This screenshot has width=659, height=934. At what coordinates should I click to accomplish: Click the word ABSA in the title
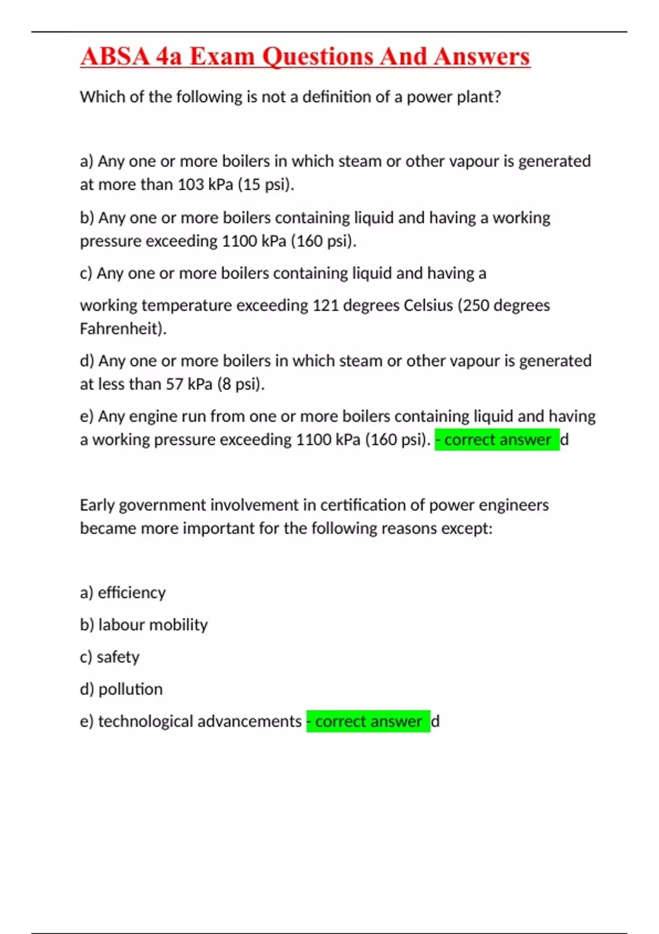[115, 57]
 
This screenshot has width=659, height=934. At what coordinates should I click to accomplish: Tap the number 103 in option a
[191, 185]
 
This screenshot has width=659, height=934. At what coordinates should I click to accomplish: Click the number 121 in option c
[326, 305]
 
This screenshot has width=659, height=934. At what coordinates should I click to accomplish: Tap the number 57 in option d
[175, 384]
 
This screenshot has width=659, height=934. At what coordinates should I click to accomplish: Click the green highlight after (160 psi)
[497, 440]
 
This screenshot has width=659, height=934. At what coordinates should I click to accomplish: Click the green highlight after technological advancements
[368, 721]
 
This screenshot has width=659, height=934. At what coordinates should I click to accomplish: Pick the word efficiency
[132, 593]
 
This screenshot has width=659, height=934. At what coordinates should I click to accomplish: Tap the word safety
[118, 657]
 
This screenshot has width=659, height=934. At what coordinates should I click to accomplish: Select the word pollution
[131, 690]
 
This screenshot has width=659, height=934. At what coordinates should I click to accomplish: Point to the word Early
[97, 505]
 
